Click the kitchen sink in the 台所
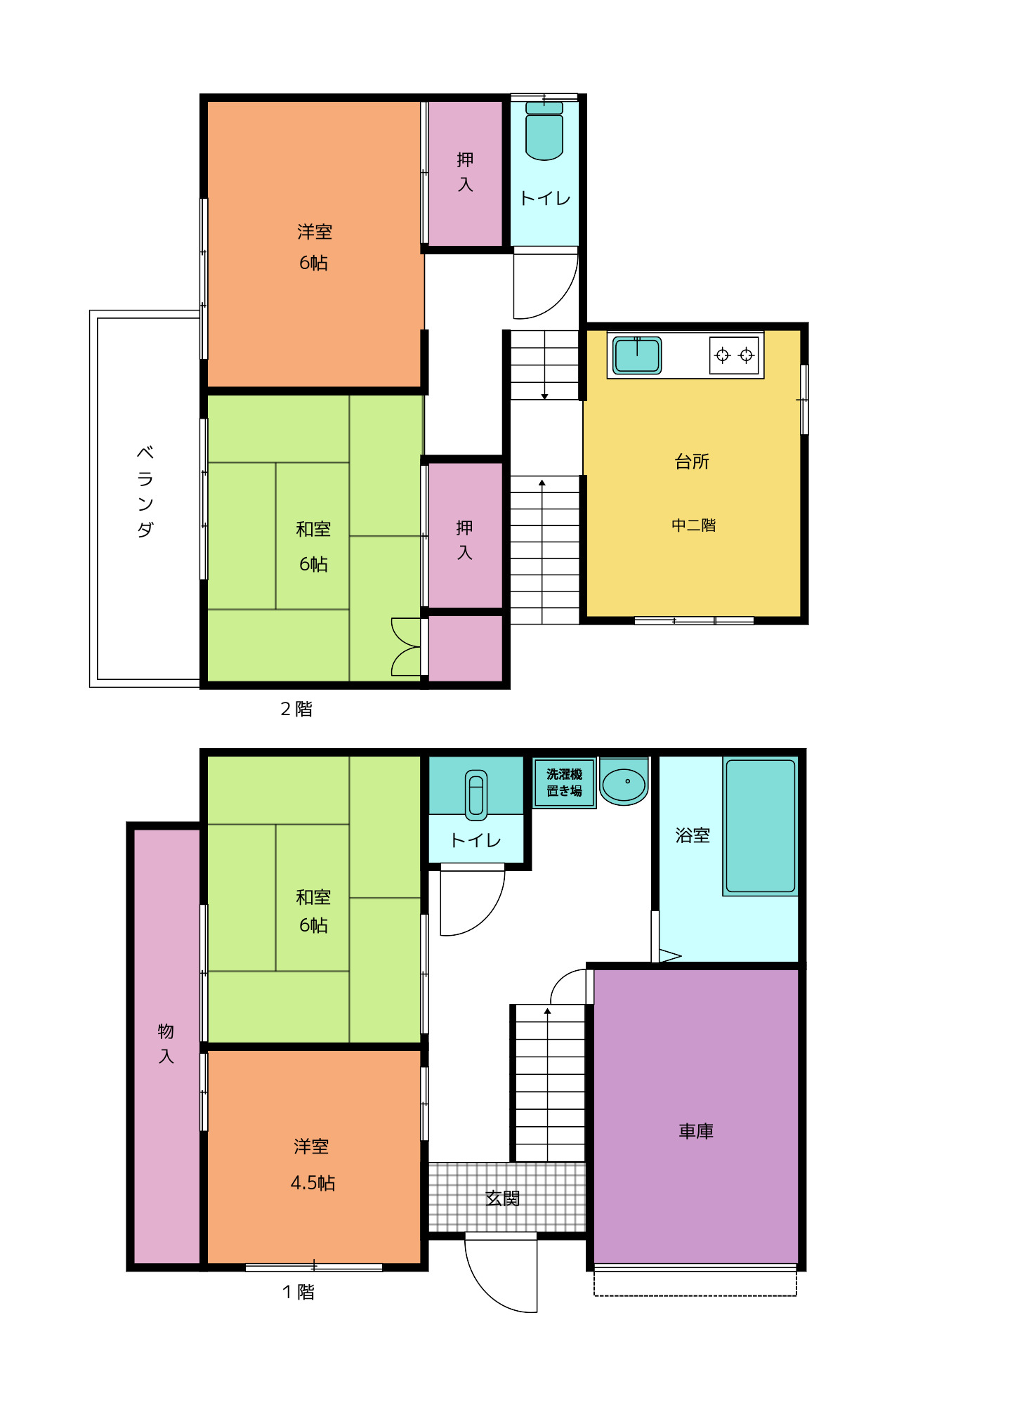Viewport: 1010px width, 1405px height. click(x=637, y=355)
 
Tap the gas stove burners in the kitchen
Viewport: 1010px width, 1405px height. click(x=734, y=355)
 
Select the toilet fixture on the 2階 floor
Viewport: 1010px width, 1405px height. click(x=544, y=131)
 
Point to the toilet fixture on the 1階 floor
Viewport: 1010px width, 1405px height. click(x=476, y=795)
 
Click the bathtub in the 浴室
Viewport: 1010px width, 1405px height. click(x=761, y=825)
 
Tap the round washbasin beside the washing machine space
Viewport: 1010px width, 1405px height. click(x=624, y=782)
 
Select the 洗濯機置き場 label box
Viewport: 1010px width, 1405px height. click(x=564, y=783)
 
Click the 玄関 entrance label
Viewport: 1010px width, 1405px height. click(x=503, y=1198)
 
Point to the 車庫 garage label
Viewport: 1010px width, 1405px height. click(x=696, y=1131)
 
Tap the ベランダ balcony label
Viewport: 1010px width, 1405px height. click(x=145, y=491)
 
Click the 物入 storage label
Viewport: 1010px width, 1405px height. click(x=166, y=1043)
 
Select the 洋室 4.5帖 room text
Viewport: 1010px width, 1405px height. click(x=313, y=1165)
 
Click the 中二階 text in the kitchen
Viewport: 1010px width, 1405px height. click(x=693, y=525)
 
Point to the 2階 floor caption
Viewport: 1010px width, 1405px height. click(x=296, y=709)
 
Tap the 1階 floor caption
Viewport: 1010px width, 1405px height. click(x=299, y=1292)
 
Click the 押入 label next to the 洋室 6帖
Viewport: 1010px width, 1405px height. click(x=465, y=172)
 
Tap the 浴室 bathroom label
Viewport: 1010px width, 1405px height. click(x=693, y=835)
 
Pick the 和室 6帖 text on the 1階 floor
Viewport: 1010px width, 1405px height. click(x=313, y=911)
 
